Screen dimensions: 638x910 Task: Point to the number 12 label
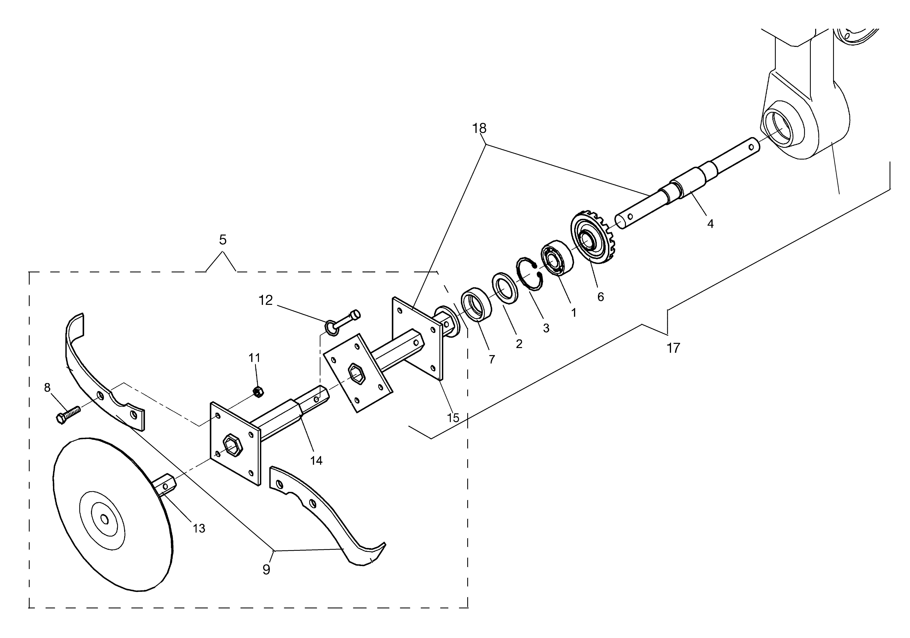(266, 301)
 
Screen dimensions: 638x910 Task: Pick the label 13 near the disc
(199, 528)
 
